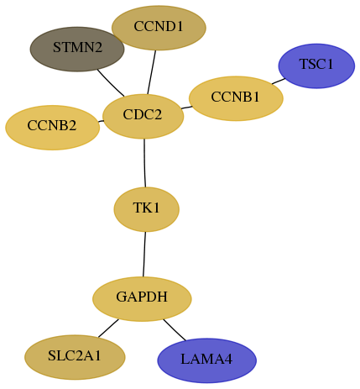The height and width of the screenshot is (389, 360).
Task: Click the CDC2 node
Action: [143, 117]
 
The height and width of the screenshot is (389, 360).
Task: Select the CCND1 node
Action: [159, 28]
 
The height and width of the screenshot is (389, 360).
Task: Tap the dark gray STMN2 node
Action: [77, 49]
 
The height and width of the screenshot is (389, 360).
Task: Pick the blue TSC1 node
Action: [316, 66]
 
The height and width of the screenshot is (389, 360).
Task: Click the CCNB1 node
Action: [236, 98]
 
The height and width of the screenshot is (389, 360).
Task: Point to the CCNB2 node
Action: [52, 128]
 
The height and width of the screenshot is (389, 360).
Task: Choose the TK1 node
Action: [146, 209]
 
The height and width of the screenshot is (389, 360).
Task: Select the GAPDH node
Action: [142, 299]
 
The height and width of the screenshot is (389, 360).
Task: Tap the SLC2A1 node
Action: [75, 357]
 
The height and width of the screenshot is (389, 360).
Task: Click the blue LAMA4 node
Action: [206, 360]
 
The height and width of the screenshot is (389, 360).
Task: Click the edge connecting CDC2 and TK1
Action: [144, 163]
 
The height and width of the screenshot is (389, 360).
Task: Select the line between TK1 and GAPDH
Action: [144, 255]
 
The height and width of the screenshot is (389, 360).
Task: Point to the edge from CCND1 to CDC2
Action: [151, 72]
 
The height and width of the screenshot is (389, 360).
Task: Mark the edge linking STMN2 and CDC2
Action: [111, 83]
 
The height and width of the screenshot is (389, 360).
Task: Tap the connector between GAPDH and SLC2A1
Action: [108, 328]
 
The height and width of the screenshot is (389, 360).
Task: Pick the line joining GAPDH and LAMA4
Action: [175, 330]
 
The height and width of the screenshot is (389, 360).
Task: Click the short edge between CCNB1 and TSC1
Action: [279, 81]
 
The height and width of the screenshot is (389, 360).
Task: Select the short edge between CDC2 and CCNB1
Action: [186, 108]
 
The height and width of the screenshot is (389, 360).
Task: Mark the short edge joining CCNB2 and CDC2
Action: [101, 121]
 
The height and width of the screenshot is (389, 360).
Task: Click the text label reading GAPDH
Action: [142, 297]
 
